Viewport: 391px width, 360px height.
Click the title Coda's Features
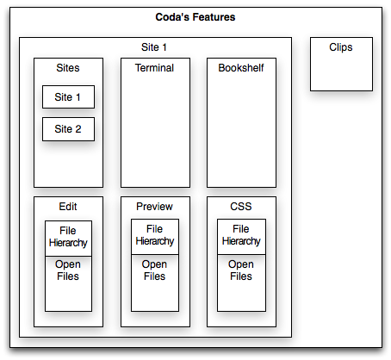(195, 17)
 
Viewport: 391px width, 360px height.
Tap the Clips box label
(341, 47)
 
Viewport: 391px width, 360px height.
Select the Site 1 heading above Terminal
(154, 47)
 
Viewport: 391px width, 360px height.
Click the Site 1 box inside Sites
(68, 97)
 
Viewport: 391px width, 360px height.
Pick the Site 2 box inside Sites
(68, 129)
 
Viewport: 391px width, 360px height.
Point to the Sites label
(68, 68)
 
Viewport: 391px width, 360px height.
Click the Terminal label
(154, 68)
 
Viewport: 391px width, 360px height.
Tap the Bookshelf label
(241, 68)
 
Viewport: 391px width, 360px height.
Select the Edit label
(68, 207)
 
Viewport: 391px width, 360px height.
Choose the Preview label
(154, 207)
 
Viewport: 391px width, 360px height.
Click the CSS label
(241, 207)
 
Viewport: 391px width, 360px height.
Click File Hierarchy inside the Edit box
(68, 237)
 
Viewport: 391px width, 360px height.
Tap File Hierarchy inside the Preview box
(155, 235)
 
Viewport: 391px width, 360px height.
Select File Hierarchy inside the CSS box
(241, 235)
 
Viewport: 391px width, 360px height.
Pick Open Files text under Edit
(68, 270)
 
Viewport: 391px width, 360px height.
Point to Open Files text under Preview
(154, 270)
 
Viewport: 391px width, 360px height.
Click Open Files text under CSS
(241, 270)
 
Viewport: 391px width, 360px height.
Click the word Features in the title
(214, 17)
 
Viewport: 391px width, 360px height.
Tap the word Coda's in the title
(172, 17)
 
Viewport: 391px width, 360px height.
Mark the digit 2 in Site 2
(78, 129)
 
